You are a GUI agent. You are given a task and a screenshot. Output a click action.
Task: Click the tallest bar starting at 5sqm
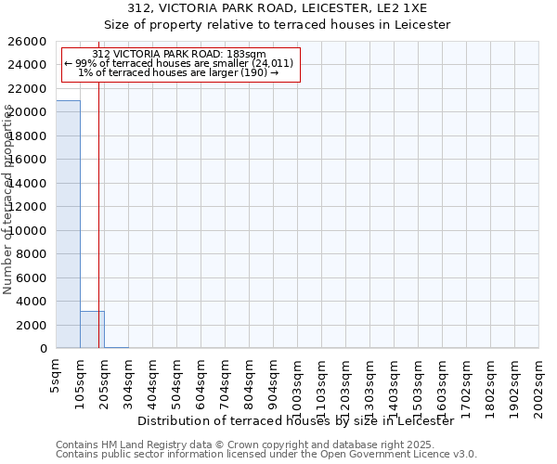(x=68, y=224)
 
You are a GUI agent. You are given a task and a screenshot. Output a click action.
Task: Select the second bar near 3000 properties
(x=92, y=329)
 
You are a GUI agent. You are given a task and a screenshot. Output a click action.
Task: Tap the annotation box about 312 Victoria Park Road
(x=179, y=64)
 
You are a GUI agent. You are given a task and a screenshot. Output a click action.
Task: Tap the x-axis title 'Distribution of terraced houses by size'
(x=301, y=421)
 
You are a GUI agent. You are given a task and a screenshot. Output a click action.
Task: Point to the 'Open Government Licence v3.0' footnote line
(x=266, y=455)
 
